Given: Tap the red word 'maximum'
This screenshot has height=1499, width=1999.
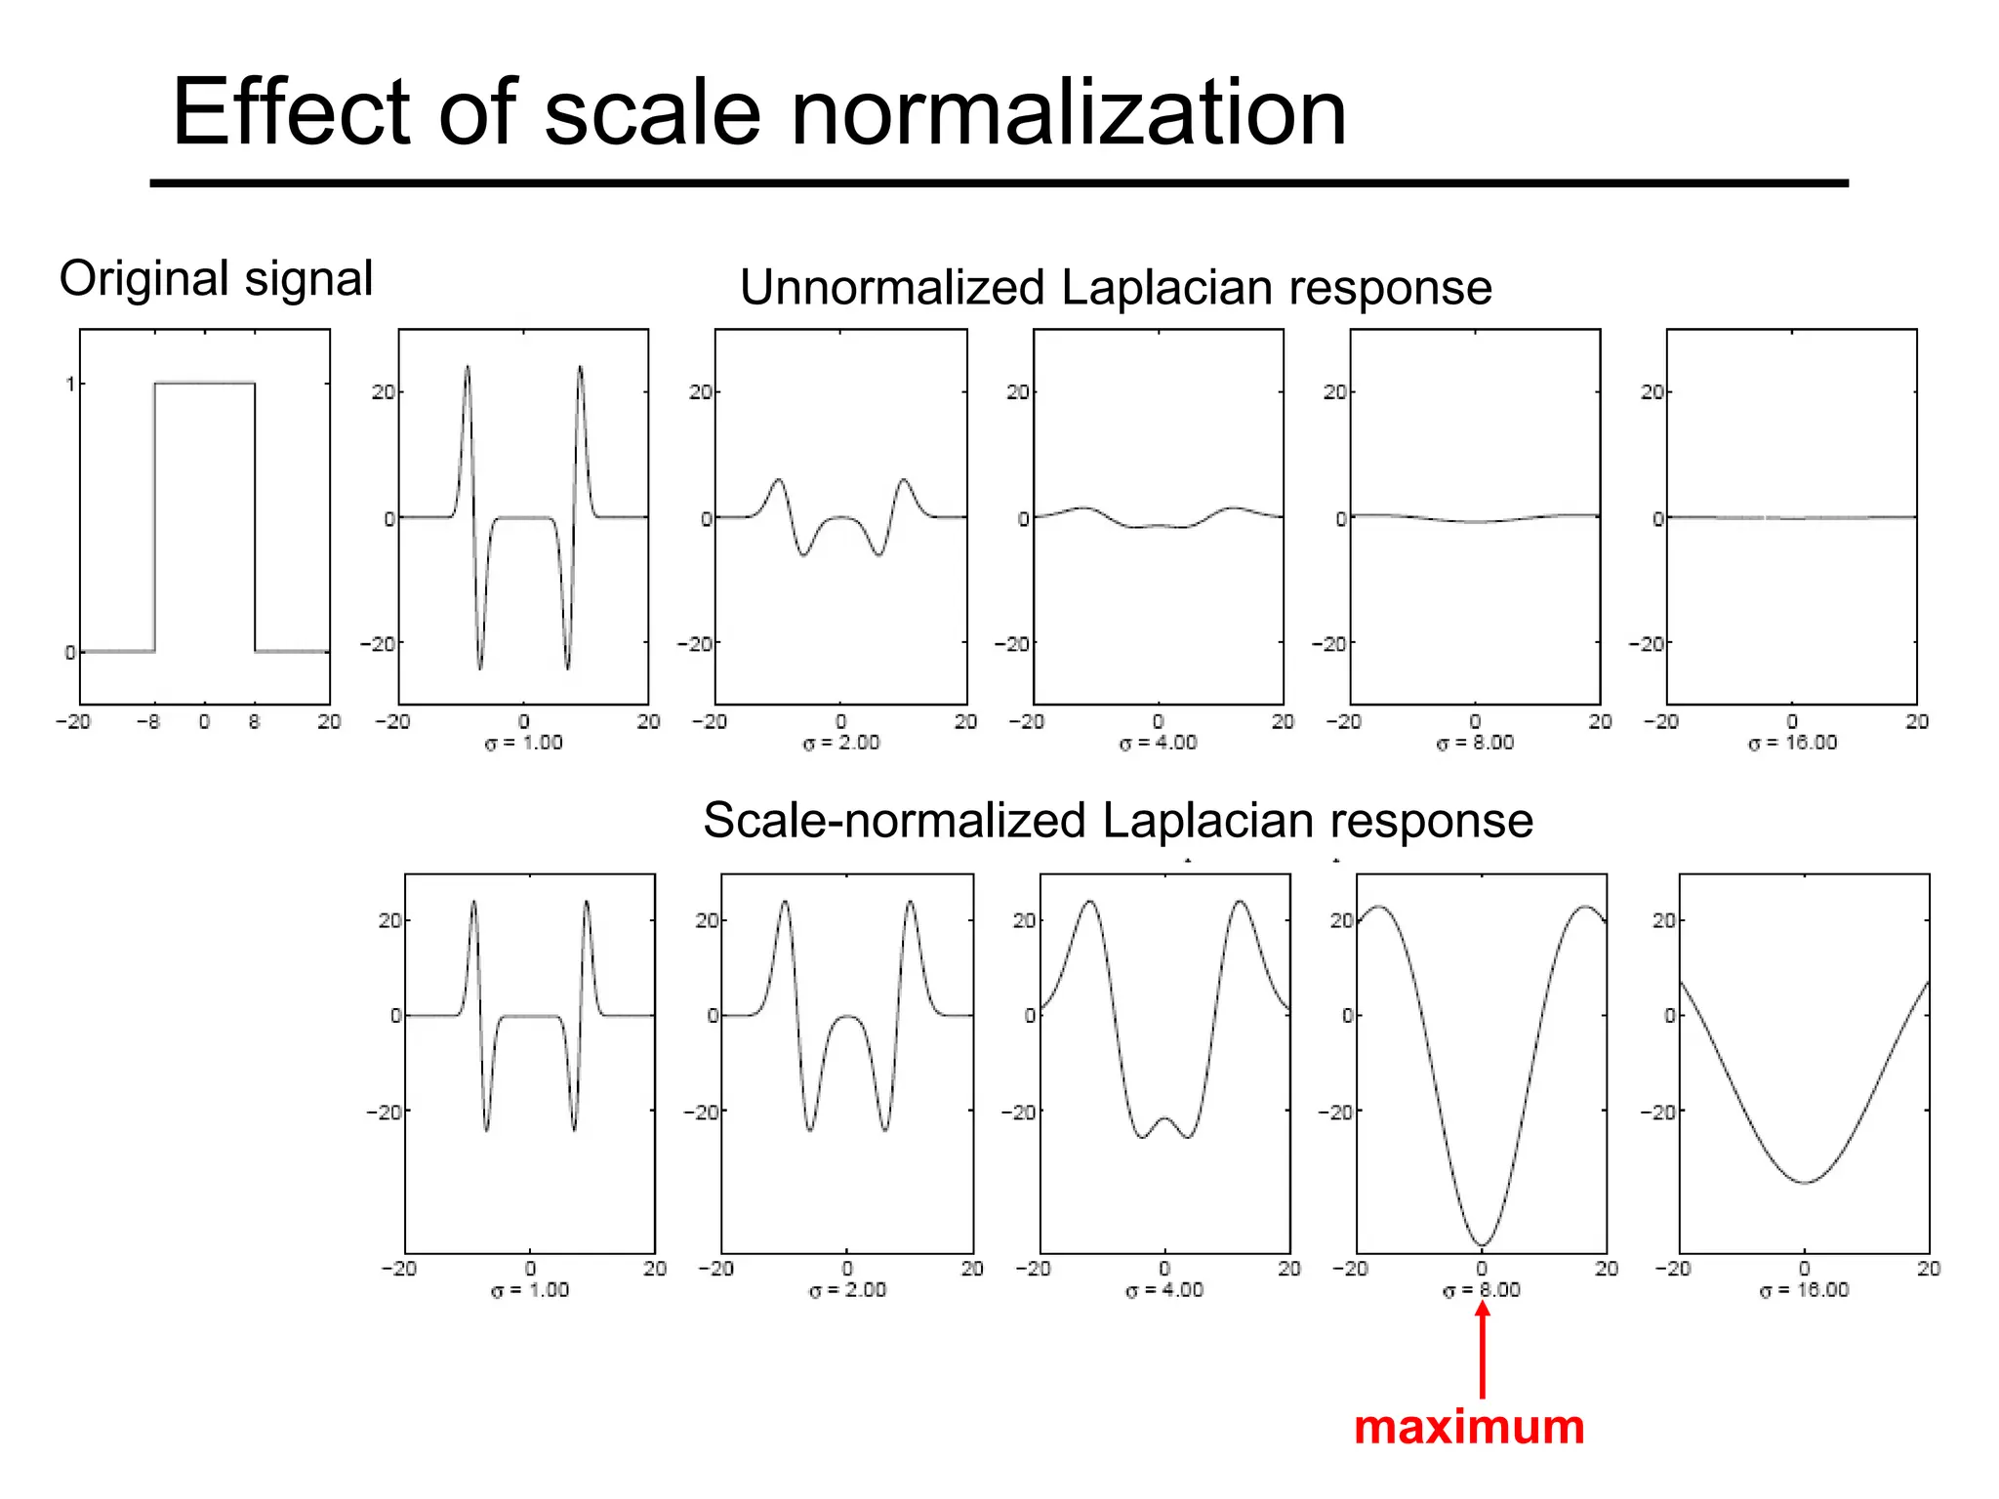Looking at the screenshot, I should pyautogui.click(x=1469, y=1428).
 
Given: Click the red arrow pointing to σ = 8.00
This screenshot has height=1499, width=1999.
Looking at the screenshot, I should pyautogui.click(x=1483, y=1352).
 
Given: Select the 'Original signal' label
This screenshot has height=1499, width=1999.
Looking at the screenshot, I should pyautogui.click(x=216, y=279).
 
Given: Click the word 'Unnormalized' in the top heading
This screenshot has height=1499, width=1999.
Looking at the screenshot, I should pyautogui.click(x=892, y=288).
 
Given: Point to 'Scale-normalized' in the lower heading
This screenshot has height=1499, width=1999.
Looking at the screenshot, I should pyautogui.click(x=893, y=821).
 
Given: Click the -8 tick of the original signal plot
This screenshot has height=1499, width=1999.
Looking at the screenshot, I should pyautogui.click(x=148, y=722).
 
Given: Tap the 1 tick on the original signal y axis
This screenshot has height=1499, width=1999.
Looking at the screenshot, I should pyautogui.click(x=69, y=384).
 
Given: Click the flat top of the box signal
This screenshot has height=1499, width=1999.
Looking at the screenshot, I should pyautogui.click(x=205, y=383).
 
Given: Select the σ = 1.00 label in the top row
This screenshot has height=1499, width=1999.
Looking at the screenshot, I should pyautogui.click(x=524, y=743).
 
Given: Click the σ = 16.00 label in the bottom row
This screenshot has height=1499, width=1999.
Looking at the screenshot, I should pyautogui.click(x=1804, y=1290).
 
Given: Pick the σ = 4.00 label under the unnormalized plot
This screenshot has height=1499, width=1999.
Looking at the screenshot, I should pyautogui.click(x=1158, y=743).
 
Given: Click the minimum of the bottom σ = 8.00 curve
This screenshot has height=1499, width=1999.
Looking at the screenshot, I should pyautogui.click(x=1482, y=1245).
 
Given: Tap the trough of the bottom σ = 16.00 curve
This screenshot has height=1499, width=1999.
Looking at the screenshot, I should pyautogui.click(x=1805, y=1183).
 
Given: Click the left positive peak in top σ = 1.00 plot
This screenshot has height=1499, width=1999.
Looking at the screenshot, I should pyautogui.click(x=468, y=368).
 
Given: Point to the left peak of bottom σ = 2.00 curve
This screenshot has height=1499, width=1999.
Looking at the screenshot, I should pyautogui.click(x=785, y=902).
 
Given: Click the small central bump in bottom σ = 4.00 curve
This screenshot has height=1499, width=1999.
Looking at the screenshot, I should pyautogui.click(x=1164, y=1119).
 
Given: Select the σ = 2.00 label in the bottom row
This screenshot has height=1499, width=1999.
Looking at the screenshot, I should pyautogui.click(x=847, y=1290).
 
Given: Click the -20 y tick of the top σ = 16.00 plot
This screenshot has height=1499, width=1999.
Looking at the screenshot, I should pyautogui.click(x=1648, y=644).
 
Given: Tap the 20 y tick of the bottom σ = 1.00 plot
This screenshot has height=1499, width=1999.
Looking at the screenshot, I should pyautogui.click(x=389, y=920).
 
